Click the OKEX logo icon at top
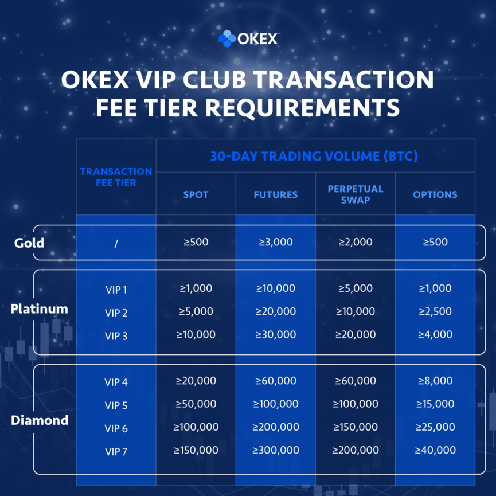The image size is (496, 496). (x=227, y=38)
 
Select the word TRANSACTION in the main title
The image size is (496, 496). (x=344, y=79)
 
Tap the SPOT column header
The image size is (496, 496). (x=196, y=194)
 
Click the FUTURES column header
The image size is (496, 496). (x=275, y=194)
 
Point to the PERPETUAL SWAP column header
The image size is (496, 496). (x=356, y=194)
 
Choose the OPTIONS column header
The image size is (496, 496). (x=435, y=194)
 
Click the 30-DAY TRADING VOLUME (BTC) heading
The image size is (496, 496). (x=314, y=157)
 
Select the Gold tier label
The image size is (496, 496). (x=29, y=243)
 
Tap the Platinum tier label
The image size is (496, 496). (x=39, y=308)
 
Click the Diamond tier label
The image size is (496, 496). (x=40, y=420)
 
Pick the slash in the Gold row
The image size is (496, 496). (x=116, y=244)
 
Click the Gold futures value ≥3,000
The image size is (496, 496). (x=275, y=242)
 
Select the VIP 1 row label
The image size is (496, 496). (x=116, y=290)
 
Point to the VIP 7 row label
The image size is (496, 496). (x=116, y=451)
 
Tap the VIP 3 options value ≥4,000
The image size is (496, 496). (x=435, y=334)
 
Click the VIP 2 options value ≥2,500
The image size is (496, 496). (x=435, y=311)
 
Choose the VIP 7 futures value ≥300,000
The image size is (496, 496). (x=275, y=450)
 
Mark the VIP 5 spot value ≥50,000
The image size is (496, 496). (x=196, y=404)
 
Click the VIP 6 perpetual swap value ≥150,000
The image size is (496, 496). (x=356, y=427)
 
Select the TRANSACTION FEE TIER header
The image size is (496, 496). (x=116, y=177)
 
